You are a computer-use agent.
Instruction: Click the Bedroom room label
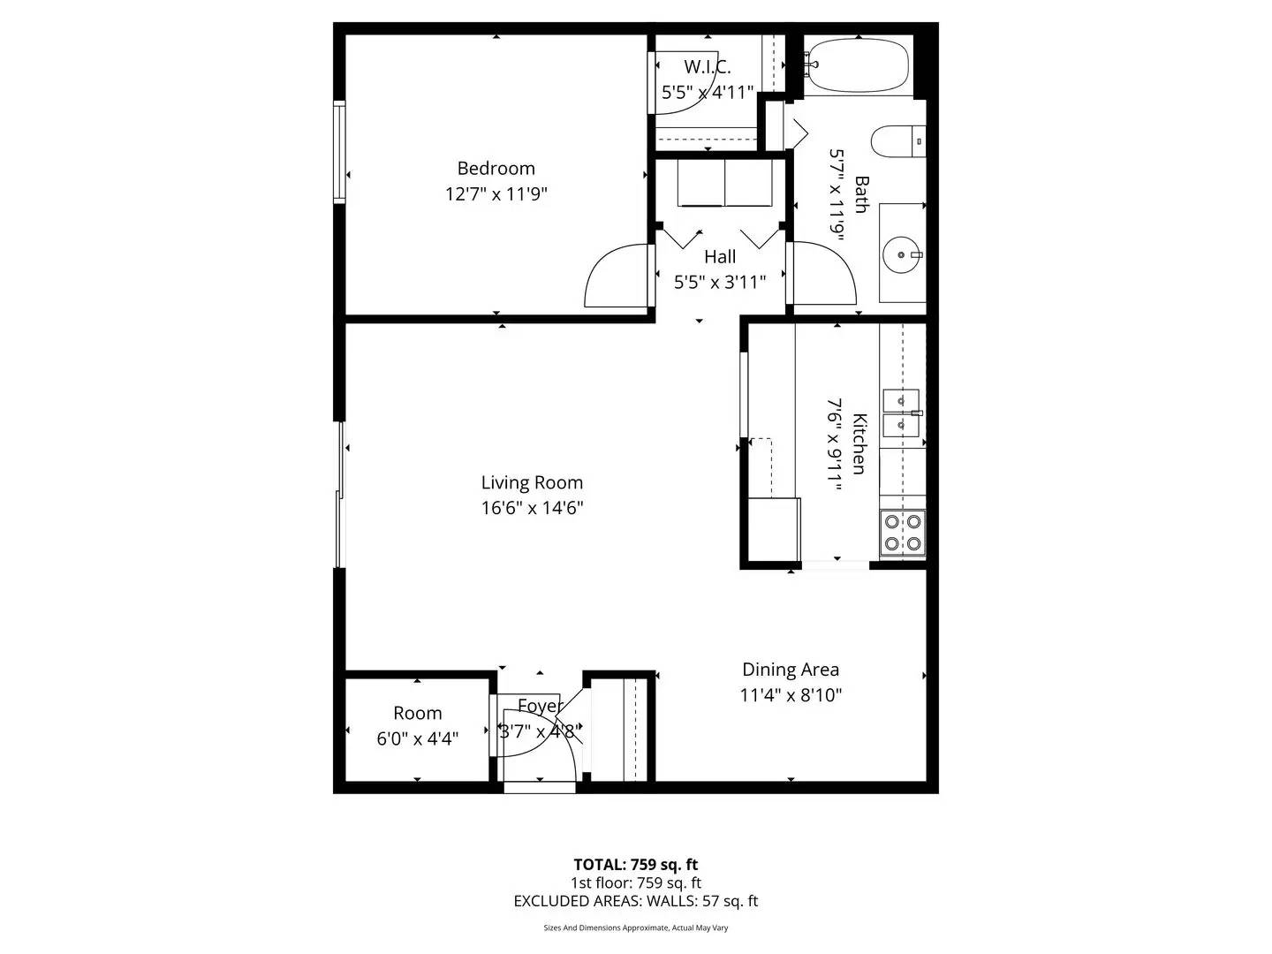(496, 168)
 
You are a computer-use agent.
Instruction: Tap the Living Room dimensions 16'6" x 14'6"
(532, 508)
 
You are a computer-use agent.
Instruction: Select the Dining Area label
(790, 670)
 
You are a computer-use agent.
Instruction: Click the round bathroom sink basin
(902, 254)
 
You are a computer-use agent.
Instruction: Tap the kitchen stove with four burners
(903, 533)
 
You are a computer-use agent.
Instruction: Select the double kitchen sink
(901, 413)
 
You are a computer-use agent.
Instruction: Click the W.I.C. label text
(707, 67)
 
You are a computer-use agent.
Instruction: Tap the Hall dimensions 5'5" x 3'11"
(719, 282)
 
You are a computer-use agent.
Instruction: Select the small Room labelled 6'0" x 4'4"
(417, 725)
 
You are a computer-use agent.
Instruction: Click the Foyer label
(539, 706)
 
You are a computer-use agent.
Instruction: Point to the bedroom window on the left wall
(338, 153)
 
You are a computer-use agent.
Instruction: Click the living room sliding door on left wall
(338, 495)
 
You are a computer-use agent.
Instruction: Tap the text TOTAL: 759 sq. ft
(635, 864)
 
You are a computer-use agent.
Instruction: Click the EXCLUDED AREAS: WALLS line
(635, 901)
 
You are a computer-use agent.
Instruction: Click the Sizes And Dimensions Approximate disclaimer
(635, 928)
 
